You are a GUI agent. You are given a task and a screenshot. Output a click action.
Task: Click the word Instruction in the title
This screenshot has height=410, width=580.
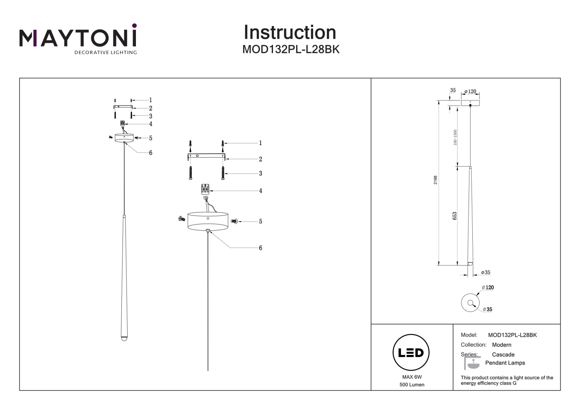click(x=290, y=32)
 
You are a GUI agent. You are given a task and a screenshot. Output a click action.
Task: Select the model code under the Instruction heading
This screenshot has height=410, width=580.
click(x=291, y=49)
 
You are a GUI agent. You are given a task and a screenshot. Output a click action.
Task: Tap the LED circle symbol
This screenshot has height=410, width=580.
click(x=411, y=352)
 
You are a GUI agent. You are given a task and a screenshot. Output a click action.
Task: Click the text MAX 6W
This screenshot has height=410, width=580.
click(x=412, y=377)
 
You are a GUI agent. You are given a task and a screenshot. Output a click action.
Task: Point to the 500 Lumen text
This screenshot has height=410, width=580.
click(x=412, y=385)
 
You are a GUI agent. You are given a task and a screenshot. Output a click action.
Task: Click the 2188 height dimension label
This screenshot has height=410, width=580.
click(x=435, y=180)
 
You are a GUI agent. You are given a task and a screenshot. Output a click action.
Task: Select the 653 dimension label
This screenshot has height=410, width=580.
click(x=455, y=216)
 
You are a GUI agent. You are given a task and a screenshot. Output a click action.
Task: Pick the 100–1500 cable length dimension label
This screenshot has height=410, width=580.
click(x=455, y=137)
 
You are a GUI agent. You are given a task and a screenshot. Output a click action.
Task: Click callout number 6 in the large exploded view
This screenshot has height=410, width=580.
click(x=261, y=248)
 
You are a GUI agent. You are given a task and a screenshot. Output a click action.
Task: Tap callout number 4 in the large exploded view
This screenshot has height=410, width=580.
click(x=261, y=191)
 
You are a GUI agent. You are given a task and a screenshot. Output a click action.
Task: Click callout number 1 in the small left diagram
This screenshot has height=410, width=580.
click(x=150, y=100)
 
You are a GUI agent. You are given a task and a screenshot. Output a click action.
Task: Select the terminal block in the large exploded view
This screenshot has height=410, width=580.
click(x=205, y=189)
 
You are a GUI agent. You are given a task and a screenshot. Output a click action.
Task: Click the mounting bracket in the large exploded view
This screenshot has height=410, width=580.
click(x=206, y=156)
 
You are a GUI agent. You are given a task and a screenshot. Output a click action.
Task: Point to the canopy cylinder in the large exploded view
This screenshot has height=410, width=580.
click(x=208, y=221)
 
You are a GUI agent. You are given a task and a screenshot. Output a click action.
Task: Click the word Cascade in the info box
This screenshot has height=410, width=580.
click(x=503, y=355)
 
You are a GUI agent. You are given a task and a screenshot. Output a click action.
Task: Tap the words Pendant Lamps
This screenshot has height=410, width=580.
click(x=505, y=363)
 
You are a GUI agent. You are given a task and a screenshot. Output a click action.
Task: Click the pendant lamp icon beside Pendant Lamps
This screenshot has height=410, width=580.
click(x=472, y=363)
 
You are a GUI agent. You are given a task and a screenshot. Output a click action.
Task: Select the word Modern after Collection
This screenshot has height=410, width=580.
click(x=502, y=345)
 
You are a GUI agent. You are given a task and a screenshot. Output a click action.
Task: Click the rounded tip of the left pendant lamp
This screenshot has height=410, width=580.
click(x=124, y=339)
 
